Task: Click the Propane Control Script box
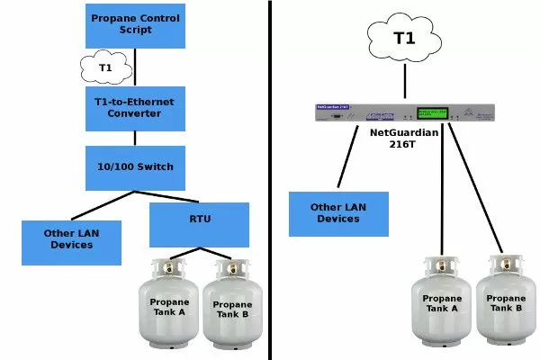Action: (x=135, y=23)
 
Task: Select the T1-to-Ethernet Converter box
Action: (x=135, y=107)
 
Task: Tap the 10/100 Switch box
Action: (x=135, y=167)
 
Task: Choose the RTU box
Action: (x=199, y=224)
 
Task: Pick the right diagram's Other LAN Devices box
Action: (x=338, y=213)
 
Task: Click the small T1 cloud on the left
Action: (x=105, y=67)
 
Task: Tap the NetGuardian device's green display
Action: (x=430, y=113)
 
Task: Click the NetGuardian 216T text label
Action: (x=405, y=138)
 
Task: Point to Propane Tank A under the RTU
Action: (x=170, y=306)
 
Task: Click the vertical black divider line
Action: (x=271, y=180)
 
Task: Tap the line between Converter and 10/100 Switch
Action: (x=135, y=136)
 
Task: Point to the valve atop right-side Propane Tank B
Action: (x=500, y=260)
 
